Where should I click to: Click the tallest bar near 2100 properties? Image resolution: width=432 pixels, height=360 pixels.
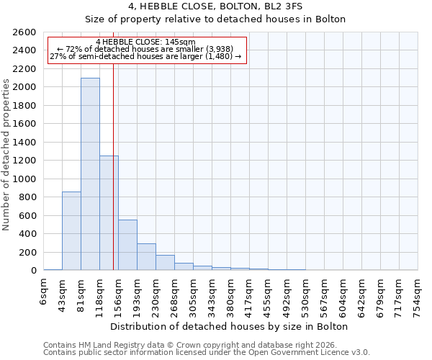click(x=90, y=174)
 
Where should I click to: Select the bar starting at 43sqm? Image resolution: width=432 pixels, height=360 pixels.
click(x=71, y=230)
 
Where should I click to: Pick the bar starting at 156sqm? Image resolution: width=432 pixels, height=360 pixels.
click(x=127, y=245)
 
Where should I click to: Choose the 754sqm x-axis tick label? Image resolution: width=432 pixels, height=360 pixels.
click(x=418, y=294)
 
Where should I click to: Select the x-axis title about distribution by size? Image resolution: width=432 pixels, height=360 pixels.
click(x=230, y=326)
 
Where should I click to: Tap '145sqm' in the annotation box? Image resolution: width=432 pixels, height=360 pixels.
click(x=179, y=42)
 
